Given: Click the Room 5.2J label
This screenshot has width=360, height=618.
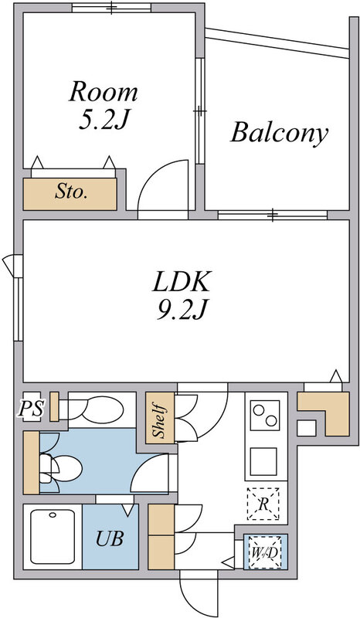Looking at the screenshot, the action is tap(104, 105).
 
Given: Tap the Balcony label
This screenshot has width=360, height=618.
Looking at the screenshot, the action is tap(279, 132).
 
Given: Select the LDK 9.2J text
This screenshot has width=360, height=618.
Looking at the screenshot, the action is tap(182, 294).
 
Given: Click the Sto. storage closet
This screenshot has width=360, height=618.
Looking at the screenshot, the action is tap(70, 194).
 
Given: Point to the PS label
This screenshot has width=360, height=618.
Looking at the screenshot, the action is tap(30, 409).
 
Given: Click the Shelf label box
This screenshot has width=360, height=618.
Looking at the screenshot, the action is tap(160, 418).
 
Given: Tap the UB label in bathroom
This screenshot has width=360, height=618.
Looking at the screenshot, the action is tap(110, 538).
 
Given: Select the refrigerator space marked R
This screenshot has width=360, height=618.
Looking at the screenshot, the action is tap(263, 504).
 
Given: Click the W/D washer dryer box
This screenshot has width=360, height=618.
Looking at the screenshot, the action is tap(266, 552).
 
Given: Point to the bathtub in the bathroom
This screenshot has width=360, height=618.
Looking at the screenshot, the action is tap(53, 536).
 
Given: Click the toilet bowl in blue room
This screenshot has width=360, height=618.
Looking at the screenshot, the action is tap(63, 468).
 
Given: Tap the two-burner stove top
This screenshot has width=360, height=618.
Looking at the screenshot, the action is tap(265, 416).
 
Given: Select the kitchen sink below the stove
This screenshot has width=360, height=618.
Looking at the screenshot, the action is tap(263, 461).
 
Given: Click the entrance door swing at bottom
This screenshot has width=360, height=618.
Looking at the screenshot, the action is tap(199, 595).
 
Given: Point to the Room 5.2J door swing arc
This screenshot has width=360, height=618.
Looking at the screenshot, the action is tap(162, 185).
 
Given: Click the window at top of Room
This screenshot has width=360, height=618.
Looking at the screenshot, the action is tap(111, 8).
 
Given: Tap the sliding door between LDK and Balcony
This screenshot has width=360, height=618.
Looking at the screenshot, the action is tap(273, 216).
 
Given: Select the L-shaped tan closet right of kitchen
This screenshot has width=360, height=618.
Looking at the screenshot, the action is tap(324, 414).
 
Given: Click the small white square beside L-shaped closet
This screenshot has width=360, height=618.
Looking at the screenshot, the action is tap(307, 428).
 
